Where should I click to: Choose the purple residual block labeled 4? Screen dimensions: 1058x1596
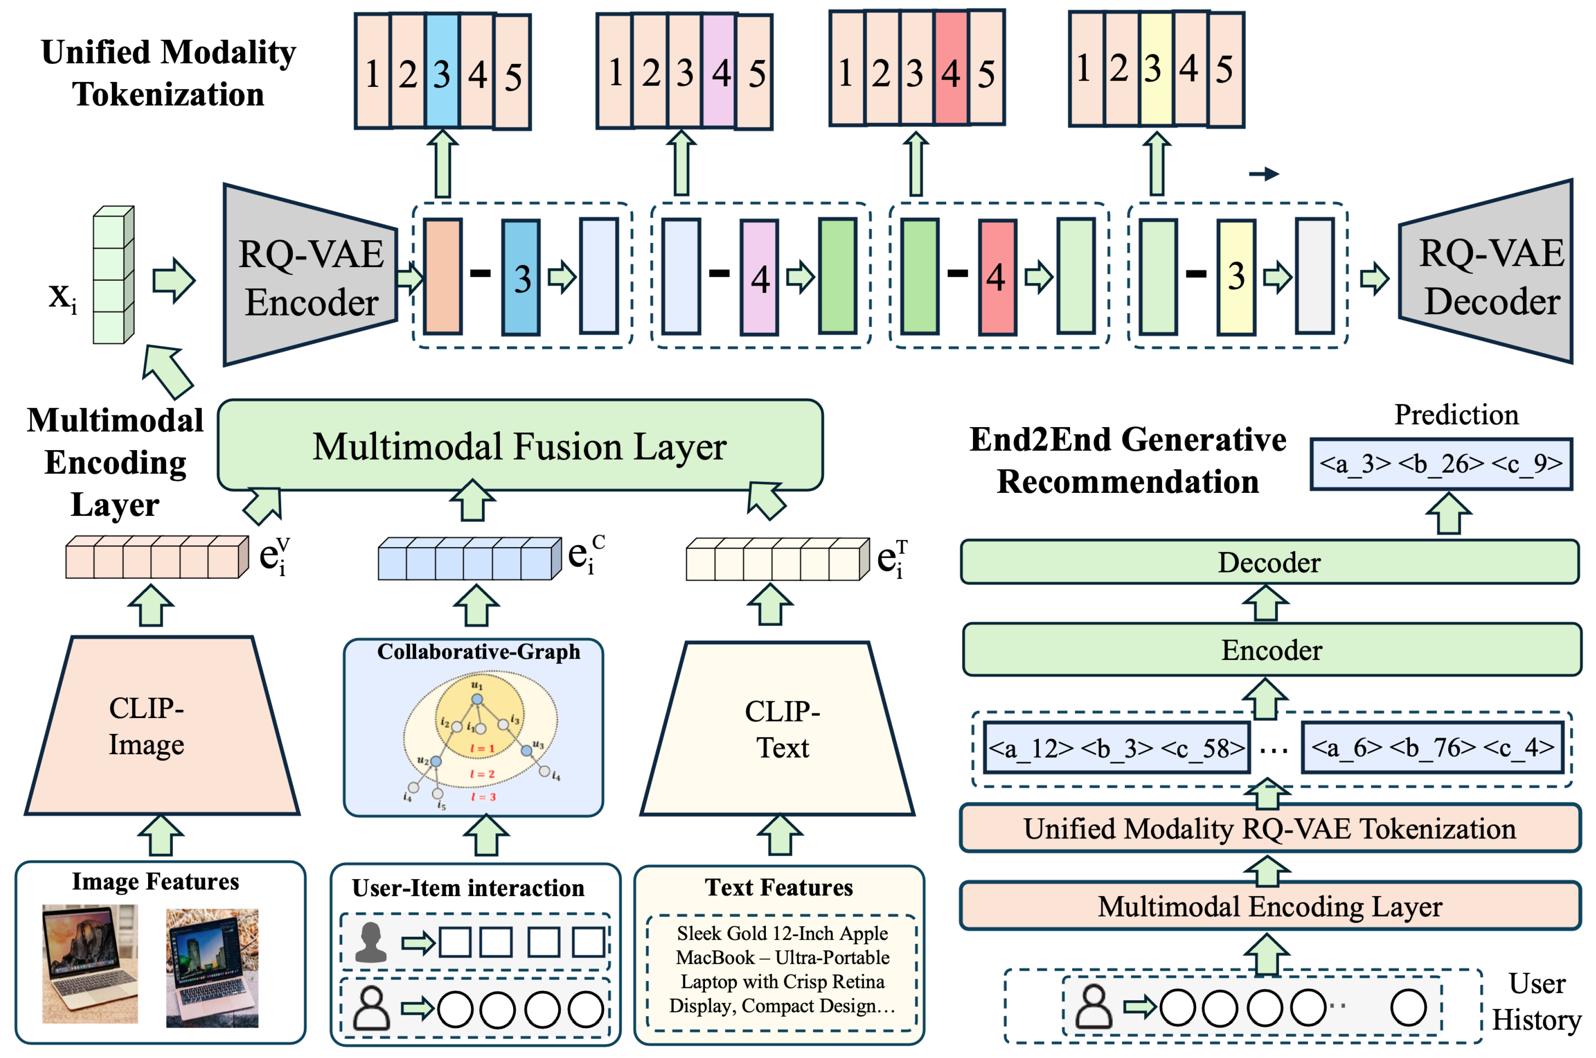(759, 277)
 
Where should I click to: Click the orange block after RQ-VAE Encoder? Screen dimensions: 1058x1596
(442, 277)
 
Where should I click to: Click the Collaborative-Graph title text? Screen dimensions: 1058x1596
(478, 652)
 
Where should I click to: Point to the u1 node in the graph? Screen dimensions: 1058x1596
(477, 699)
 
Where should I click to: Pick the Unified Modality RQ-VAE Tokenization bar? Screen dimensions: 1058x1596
(1269, 829)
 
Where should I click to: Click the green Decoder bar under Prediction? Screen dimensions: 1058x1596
(1269, 562)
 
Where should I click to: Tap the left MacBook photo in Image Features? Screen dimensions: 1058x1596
(90, 964)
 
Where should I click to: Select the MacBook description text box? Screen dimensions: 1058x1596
(781, 969)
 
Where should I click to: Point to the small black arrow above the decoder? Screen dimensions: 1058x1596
(1263, 174)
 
